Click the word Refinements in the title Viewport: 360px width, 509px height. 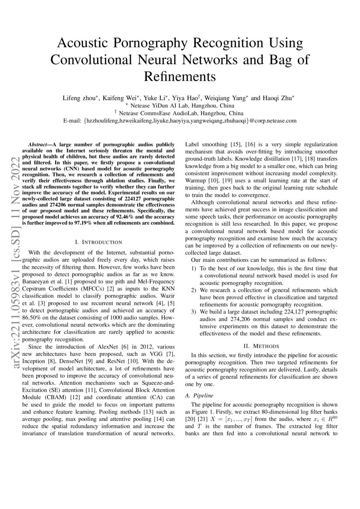tap(180, 76)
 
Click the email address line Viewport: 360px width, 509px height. tap(180, 121)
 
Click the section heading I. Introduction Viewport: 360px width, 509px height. tap(99, 242)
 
